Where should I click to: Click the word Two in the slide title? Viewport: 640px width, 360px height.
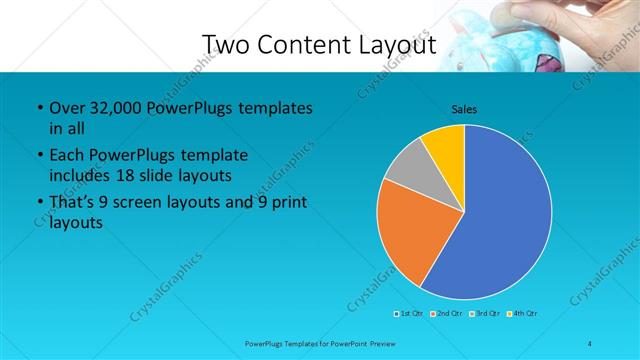[227, 44]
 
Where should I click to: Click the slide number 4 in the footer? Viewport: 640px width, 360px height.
[590, 344]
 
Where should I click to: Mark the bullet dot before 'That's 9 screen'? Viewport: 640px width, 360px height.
[38, 205]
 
